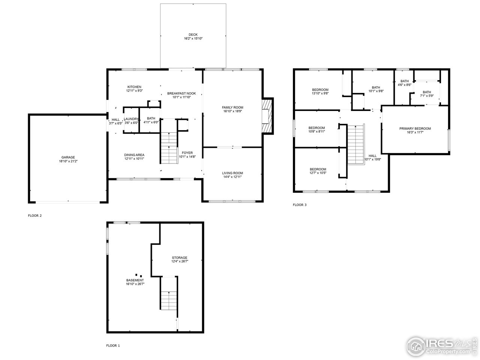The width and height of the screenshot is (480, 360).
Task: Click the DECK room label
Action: click(193, 34)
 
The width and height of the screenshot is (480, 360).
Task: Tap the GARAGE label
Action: click(68, 157)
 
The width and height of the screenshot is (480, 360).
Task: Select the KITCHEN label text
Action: click(134, 87)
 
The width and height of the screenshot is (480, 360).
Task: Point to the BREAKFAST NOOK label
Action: click(182, 93)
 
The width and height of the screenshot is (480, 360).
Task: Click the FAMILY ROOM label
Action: click(232, 108)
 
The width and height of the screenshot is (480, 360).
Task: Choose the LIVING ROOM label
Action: click(232, 173)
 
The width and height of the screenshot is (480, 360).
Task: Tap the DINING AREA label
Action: click(134, 155)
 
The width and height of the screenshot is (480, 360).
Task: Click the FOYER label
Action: click(187, 153)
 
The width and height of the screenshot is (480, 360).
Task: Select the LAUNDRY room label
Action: click(131, 119)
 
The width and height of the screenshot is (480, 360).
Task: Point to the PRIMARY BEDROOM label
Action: click(415, 129)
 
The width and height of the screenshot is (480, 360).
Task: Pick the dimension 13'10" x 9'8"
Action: click(320, 93)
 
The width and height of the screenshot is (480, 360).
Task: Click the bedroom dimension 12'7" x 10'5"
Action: click(318, 173)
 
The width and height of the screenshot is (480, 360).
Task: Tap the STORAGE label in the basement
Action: click(180, 258)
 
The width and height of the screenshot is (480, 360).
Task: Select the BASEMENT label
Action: click(135, 280)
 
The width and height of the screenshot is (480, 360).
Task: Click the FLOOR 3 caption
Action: click(300, 205)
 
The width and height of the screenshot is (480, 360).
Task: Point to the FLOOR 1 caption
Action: click(113, 345)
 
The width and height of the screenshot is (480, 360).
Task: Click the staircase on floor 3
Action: click(356, 145)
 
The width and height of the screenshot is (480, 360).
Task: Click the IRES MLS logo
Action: click(440, 345)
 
